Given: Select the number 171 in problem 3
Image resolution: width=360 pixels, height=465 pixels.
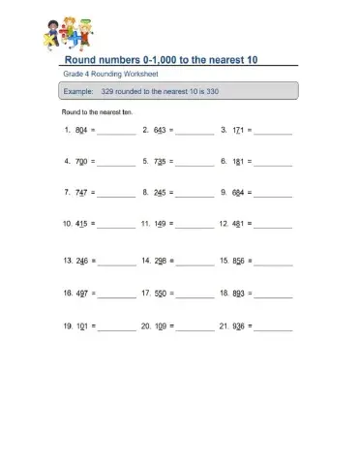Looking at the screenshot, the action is pyautogui.click(x=238, y=129).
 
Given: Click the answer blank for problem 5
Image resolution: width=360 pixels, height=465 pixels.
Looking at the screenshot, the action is pyautogui.click(x=195, y=164).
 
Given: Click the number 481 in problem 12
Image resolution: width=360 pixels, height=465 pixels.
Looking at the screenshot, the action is pyautogui.click(x=238, y=224).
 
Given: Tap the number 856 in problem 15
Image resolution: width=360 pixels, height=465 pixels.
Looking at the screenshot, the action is pyautogui.click(x=238, y=261).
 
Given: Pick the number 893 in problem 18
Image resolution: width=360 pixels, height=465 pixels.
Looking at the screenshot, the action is pyautogui.click(x=238, y=292).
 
